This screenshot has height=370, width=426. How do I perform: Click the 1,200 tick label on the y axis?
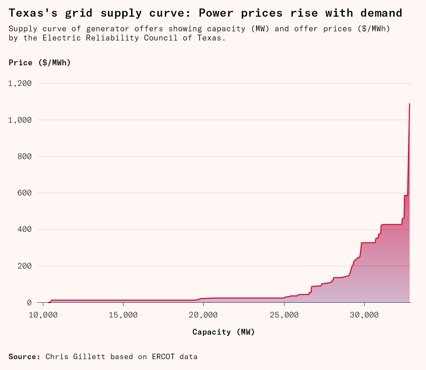tap(20, 84)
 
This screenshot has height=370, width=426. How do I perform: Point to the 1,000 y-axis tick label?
tap(20, 120)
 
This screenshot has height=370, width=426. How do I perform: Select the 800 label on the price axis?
tap(25, 156)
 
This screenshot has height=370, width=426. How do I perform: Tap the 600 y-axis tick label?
tap(25, 193)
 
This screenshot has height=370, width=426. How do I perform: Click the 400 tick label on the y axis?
tap(25, 230)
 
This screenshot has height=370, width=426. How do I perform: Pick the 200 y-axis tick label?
tap(25, 266)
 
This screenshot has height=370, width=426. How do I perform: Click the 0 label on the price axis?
tap(29, 303)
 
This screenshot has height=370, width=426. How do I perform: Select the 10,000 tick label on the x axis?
tap(43, 315)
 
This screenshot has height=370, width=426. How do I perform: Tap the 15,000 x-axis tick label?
tap(123, 315)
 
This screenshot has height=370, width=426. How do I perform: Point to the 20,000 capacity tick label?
tap(203, 315)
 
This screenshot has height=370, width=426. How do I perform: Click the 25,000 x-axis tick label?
tap(284, 315)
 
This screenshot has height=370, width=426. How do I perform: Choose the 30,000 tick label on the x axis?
tap(364, 315)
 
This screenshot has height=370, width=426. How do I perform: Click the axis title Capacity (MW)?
tap(224, 332)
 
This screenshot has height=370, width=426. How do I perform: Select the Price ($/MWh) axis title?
tap(40, 63)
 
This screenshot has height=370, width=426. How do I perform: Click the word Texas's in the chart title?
tap(33, 13)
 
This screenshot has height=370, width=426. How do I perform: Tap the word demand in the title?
tap(381, 13)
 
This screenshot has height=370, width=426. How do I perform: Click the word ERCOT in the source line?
tap(163, 357)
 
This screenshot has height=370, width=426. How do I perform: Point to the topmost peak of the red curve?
tap(410, 103)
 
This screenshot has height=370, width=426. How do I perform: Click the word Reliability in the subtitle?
tap(112, 38)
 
